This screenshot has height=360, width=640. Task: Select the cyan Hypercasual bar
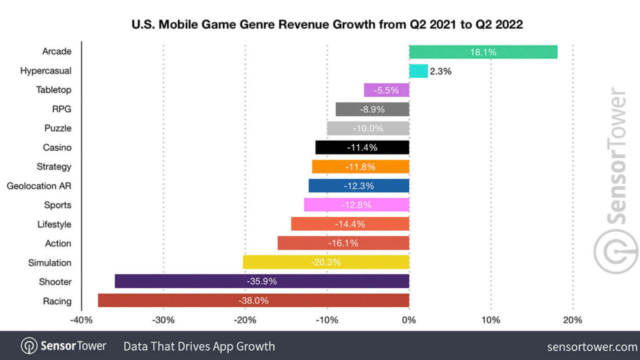[418, 71]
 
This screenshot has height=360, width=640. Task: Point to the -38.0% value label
[254, 301]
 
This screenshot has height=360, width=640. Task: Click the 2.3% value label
[441, 71]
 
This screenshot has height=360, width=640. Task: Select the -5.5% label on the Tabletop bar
[387, 90]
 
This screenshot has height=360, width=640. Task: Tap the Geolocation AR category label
[39, 186]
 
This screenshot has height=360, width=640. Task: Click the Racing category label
[57, 301]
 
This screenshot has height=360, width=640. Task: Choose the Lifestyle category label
[54, 224]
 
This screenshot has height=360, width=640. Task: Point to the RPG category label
[62, 109]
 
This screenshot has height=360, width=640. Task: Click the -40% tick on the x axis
[82, 321]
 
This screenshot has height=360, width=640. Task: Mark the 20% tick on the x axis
[572, 321]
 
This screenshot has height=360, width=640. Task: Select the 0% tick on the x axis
[409, 321]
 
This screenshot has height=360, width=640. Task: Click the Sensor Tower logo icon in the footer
[29, 346]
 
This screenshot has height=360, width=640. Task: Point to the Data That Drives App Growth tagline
[199, 346]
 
